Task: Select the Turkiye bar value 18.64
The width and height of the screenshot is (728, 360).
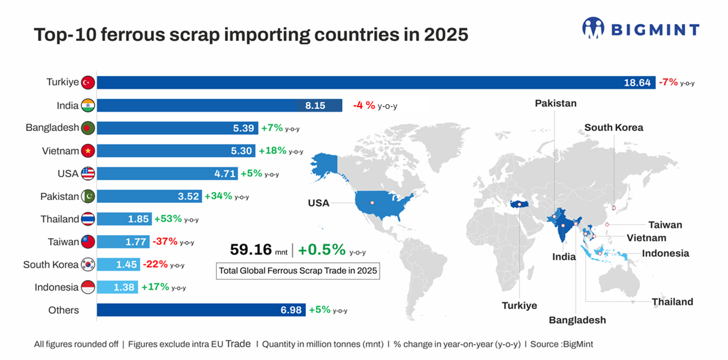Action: (x=637, y=83)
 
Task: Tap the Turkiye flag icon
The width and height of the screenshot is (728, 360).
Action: (x=88, y=83)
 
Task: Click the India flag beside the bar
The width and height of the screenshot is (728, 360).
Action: (x=88, y=105)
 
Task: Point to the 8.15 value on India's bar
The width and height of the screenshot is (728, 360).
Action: (x=315, y=105)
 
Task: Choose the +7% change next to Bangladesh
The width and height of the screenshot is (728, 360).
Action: (x=272, y=128)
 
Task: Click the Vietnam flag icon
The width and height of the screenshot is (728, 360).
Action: (x=88, y=151)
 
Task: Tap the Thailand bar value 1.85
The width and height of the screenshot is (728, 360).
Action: (x=138, y=219)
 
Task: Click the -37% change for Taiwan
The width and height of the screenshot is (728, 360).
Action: (x=165, y=242)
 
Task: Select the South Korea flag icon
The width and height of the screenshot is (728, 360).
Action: (x=88, y=265)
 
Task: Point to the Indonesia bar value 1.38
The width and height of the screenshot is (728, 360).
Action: (x=124, y=288)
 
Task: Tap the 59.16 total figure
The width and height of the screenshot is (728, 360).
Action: (x=251, y=249)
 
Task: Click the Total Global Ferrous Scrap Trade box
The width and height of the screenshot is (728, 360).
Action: (x=298, y=271)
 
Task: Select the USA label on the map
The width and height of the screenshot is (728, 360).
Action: (x=318, y=203)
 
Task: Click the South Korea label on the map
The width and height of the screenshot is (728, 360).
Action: (x=614, y=128)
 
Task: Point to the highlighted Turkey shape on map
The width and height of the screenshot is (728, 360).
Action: (x=520, y=204)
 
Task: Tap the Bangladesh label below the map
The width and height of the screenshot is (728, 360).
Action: (x=577, y=320)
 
